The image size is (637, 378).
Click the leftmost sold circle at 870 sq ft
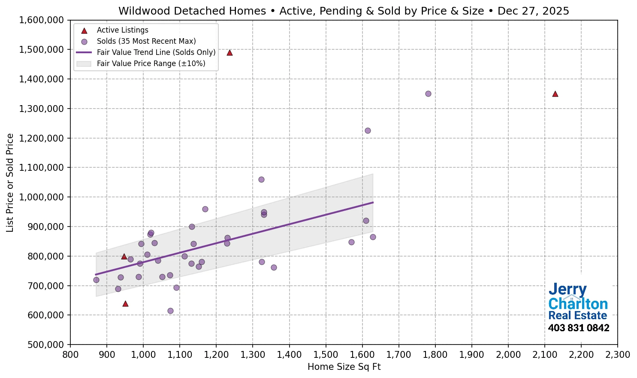96,280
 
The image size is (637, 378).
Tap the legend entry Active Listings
122,30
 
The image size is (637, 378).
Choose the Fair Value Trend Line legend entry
156,52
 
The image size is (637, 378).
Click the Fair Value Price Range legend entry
151,64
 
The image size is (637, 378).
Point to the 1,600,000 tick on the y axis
42,20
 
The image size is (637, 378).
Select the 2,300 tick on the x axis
617,355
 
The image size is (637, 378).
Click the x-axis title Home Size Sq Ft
344,367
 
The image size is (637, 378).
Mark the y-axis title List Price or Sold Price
10,183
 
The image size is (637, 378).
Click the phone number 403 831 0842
578,328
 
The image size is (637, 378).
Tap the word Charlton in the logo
578,304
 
